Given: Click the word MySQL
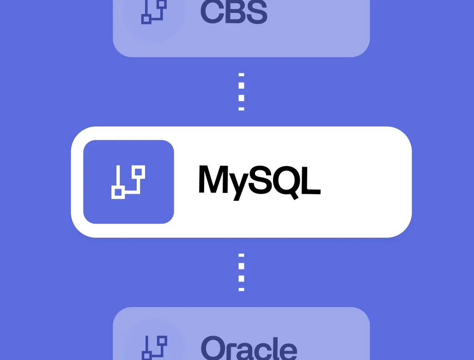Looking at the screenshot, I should (x=259, y=180).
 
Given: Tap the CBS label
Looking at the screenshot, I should (x=234, y=12).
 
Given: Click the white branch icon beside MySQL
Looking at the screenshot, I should (x=128, y=182).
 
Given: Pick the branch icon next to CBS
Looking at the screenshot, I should (x=153, y=11).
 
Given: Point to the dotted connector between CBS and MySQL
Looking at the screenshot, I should (x=241, y=91).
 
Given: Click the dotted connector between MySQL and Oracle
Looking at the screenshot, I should (x=241, y=272).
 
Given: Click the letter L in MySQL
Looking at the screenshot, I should (x=311, y=179).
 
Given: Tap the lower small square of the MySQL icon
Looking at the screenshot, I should (x=118, y=192).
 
